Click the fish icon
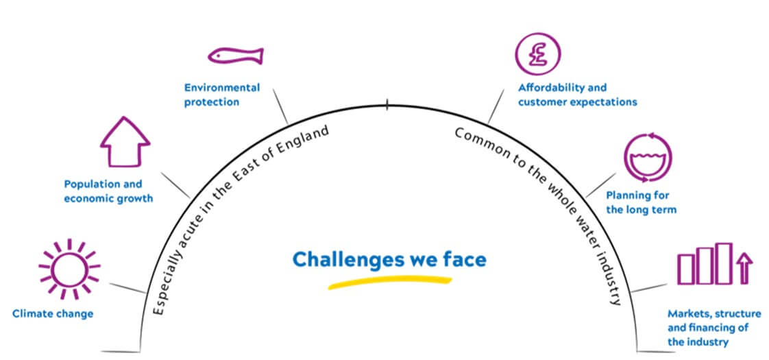(235, 56)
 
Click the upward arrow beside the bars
(745, 267)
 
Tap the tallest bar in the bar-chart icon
(724, 263)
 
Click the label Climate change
(53, 314)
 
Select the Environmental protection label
(221, 95)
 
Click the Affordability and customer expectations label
(577, 95)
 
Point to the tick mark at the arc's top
(387, 105)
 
